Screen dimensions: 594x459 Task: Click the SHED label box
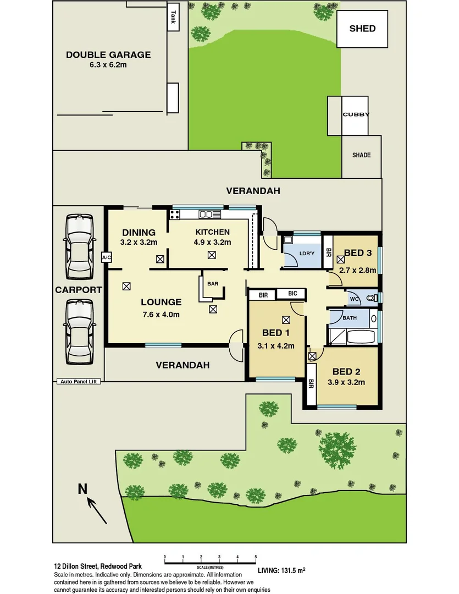363,28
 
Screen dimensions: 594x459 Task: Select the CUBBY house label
356,114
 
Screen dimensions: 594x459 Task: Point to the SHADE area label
361,155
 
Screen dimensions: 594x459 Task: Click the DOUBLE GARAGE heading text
108,54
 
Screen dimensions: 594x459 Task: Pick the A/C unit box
107,257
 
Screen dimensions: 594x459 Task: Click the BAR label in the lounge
212,284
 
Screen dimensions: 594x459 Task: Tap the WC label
355,299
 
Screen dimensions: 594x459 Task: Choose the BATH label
350,317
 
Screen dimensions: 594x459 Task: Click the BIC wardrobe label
292,294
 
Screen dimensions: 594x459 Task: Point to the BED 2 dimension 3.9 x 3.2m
346,382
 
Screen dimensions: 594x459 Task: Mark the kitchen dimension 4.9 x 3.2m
212,242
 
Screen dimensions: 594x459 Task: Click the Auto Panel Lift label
79,381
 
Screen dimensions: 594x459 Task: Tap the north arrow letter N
83,488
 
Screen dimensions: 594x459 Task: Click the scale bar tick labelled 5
256,558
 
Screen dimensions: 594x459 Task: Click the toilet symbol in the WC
372,299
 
